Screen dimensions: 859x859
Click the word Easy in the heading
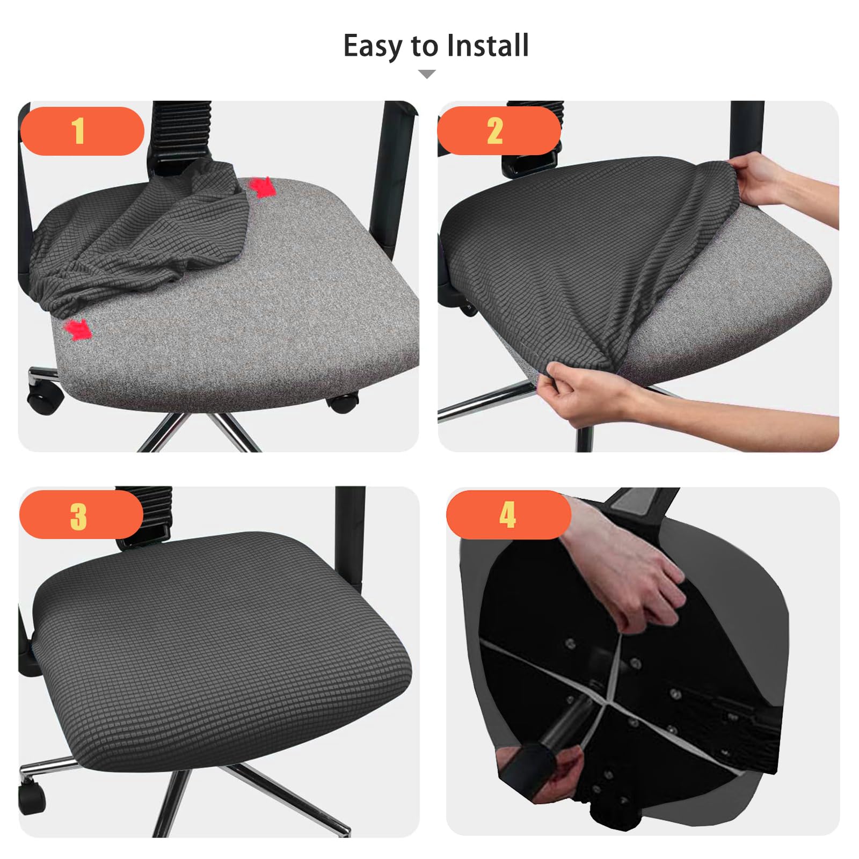tap(373, 46)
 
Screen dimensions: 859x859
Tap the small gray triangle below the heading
tap(427, 74)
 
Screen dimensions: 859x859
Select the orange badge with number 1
tap(82, 131)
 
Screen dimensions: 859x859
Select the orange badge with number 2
tap(499, 130)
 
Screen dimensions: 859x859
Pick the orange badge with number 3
tap(81, 514)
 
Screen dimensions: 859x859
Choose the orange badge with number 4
tap(508, 514)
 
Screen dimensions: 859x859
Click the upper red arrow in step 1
tap(262, 187)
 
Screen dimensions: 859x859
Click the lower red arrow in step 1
tap(78, 329)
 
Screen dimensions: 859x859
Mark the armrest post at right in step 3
tap(350, 537)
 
